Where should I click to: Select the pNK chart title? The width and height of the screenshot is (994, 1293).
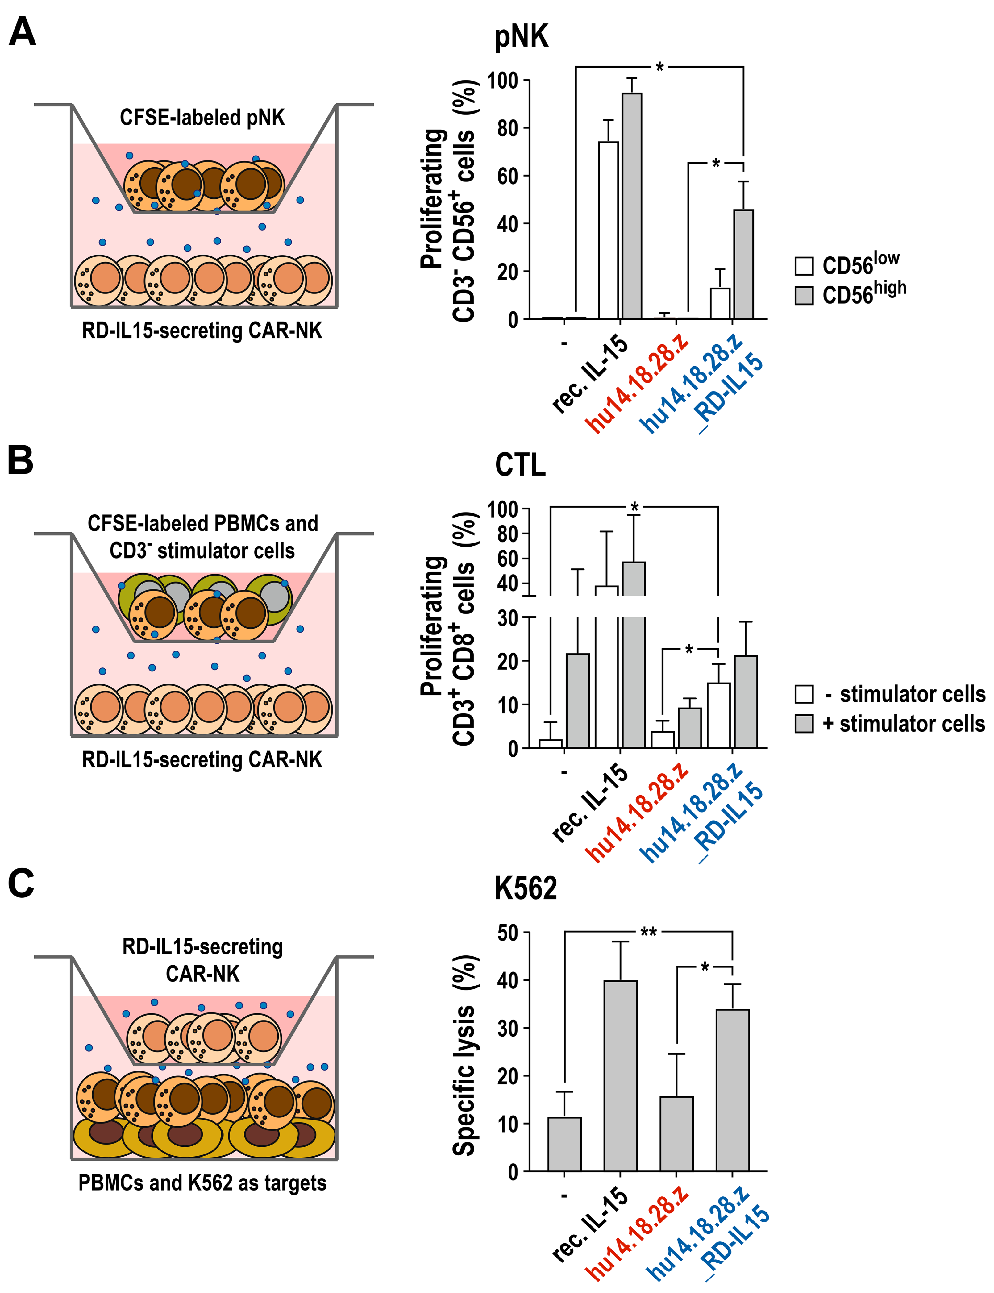pos(521,37)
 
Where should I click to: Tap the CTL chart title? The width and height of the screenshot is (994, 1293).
pos(520,465)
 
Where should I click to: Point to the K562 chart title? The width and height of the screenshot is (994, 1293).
pos(526,888)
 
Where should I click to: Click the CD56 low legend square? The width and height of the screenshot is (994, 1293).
pos(804,266)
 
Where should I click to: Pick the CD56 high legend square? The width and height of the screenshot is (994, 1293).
pos(804,295)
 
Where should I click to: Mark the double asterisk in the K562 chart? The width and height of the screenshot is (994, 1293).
pos(648,933)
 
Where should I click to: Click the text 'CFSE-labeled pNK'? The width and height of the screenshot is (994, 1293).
pos(202,117)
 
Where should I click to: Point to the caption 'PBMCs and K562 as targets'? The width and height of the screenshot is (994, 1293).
pos(202,1183)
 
